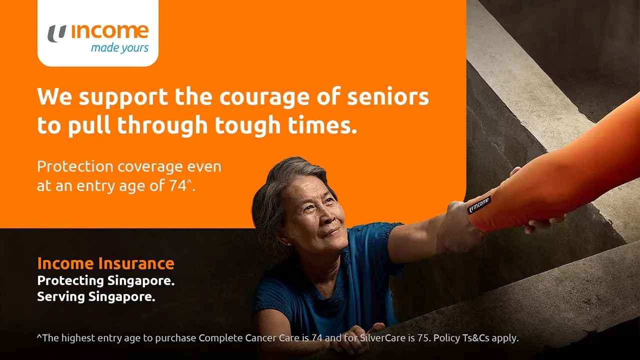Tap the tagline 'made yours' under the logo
tap(119, 48)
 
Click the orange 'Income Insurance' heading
tap(106, 263)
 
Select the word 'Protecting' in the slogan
tap(70, 280)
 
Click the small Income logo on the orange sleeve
tap(479, 205)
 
